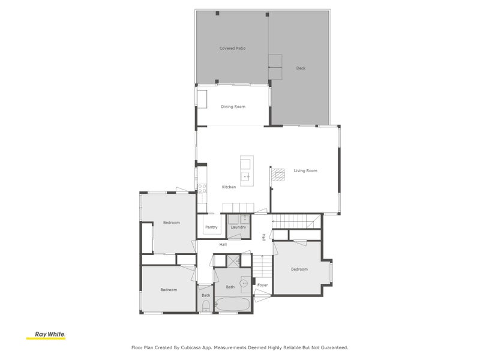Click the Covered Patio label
tap(232, 48)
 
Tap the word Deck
tap(301, 68)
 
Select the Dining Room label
tap(233, 107)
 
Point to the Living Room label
tap(305, 171)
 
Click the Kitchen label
tap(229, 187)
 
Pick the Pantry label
tap(211, 227)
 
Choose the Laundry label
tap(238, 227)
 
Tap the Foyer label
tap(262, 285)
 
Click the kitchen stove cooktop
tap(202, 187)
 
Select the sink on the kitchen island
tap(246, 176)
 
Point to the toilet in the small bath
tap(206, 306)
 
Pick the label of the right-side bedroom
tap(299, 269)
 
